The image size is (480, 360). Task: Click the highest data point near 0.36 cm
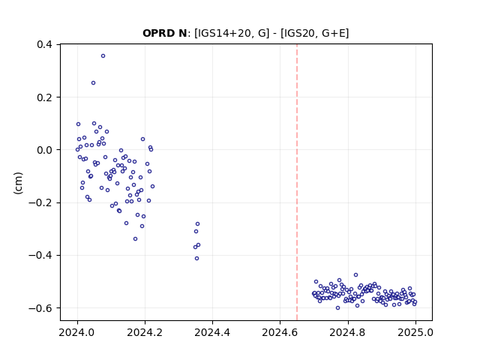(x=103, y=56)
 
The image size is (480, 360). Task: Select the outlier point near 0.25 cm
(x=93, y=83)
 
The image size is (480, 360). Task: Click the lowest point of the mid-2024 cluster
(x=196, y=258)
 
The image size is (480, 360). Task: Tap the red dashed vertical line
(x=297, y=182)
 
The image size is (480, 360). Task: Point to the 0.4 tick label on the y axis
(x=45, y=45)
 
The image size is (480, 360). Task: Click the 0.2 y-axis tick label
(x=45, y=97)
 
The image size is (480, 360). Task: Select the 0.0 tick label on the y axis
(x=45, y=150)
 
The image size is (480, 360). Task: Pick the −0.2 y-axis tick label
(x=40, y=202)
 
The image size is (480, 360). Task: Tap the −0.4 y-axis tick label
(x=40, y=255)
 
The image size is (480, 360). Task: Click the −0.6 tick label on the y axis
(x=40, y=308)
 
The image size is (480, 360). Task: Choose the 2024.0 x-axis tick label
(x=77, y=332)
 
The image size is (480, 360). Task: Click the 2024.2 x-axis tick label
(x=145, y=332)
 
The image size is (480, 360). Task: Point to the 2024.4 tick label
(x=212, y=332)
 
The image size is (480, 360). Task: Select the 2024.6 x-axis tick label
(x=280, y=332)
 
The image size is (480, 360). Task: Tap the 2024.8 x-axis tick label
(x=348, y=332)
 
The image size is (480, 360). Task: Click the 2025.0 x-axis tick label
(x=415, y=332)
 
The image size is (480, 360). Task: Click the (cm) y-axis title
(x=18, y=183)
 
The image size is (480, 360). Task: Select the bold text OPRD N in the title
(x=165, y=33)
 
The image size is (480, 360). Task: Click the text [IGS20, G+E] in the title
(x=314, y=33)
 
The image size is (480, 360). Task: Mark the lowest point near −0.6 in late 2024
(x=337, y=308)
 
